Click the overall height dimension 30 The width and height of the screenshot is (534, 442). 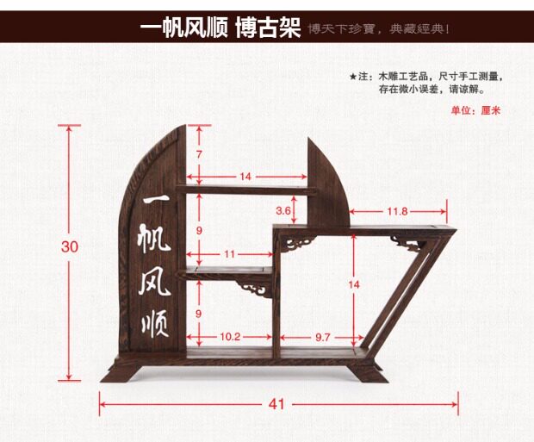70,246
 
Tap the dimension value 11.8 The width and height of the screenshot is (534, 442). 397,210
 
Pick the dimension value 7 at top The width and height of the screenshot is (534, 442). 199,154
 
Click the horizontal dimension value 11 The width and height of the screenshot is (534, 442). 229,254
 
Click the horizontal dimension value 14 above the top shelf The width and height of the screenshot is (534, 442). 245,177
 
